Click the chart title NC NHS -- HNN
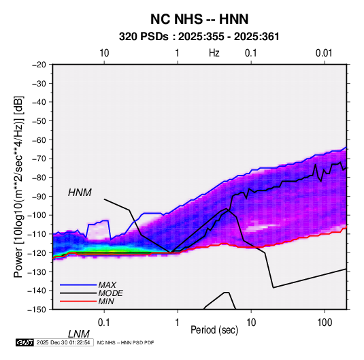pos(199,19)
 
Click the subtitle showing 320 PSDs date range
pos(199,37)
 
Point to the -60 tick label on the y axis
pos(39,140)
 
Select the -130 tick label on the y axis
pos(37,272)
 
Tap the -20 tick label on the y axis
pos(39,65)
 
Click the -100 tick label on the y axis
pos(37,215)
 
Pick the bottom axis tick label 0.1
pos(104,323)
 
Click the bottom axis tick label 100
pos(325,323)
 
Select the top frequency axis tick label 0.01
pos(324,53)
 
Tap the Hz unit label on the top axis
pos(214,53)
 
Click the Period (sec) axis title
pos(214,330)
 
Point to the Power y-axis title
pos(18,186)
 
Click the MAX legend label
pos(107,285)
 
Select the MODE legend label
pos(110,293)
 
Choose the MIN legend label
pos(106,301)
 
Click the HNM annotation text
pos(80,193)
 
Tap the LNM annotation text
pos(79,334)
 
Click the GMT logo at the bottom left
pos(25,342)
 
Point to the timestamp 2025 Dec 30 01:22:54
pos(63,342)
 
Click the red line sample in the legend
pos(78,301)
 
